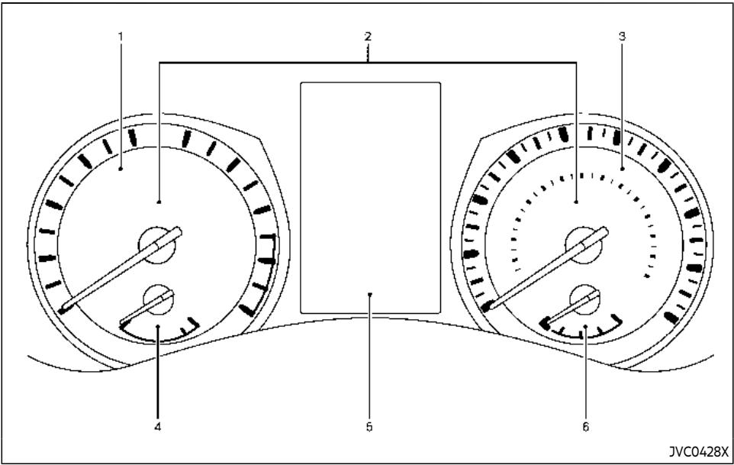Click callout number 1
(121, 36)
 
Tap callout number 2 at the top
(368, 36)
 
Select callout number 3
(622, 36)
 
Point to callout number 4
(158, 426)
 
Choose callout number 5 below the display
(369, 426)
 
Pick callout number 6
(586, 426)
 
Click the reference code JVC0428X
(698, 452)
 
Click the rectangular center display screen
(370, 198)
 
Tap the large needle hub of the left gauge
(157, 245)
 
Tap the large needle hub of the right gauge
(584, 245)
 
